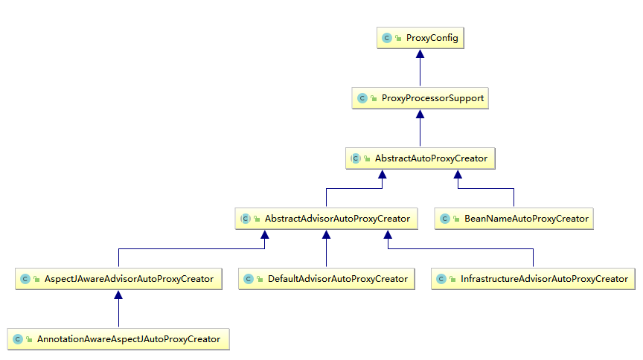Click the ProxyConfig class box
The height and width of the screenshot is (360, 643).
pos(420,38)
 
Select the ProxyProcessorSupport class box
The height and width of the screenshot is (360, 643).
pos(420,98)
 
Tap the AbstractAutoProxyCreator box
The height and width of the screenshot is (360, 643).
pos(420,158)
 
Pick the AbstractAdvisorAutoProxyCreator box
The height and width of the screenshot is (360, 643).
pos(327,219)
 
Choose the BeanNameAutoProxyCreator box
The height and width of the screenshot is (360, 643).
pos(514,219)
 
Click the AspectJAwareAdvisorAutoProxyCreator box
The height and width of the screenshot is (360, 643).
pos(118,279)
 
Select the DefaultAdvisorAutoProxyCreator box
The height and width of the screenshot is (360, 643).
pos(327,279)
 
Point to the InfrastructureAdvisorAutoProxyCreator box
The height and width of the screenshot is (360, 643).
pos(533,279)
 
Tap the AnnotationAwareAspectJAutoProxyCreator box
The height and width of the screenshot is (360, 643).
pos(118,339)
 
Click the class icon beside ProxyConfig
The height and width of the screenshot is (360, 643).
pos(387,38)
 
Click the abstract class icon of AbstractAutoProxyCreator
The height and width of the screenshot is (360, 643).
pos(356,158)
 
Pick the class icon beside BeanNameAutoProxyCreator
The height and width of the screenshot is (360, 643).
pos(445,219)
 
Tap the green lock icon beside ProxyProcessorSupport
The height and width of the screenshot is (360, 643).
pos(374,98)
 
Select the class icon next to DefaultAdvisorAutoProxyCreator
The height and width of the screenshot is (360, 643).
pos(249,279)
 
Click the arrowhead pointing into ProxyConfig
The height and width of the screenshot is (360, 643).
pos(420,54)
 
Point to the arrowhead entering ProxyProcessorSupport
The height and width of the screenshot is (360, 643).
pos(420,114)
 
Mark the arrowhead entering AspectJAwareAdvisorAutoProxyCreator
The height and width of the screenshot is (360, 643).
pos(118,295)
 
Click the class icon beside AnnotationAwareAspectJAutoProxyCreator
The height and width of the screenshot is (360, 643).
pos(18,339)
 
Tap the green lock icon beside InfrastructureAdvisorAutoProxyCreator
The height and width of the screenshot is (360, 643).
pos(452,279)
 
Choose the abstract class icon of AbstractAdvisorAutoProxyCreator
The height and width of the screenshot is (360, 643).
pos(246,219)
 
